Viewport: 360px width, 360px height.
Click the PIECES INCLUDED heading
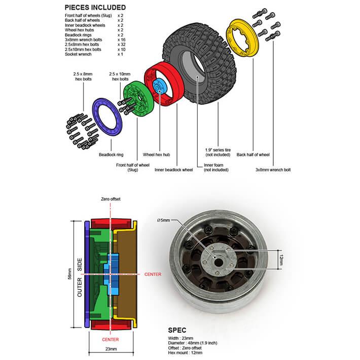click(96, 8)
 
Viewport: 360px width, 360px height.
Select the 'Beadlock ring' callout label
click(111, 155)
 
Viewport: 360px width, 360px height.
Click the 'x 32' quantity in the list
click(121, 45)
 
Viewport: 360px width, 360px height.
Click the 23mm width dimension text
click(111, 349)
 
